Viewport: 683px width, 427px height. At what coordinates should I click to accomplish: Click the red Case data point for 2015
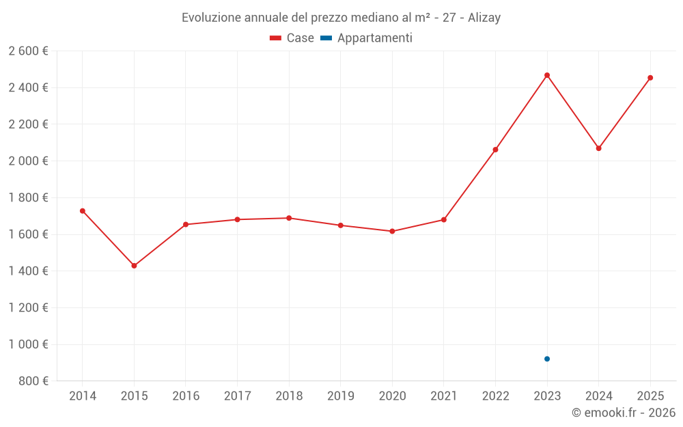pyautogui.click(x=134, y=266)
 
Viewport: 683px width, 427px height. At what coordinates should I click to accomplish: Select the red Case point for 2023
pyautogui.click(x=547, y=75)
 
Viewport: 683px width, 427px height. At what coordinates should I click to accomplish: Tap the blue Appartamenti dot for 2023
pyautogui.click(x=547, y=359)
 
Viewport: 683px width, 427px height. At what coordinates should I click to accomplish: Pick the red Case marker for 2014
pyautogui.click(x=83, y=211)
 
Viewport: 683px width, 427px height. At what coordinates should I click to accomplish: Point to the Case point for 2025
pyautogui.click(x=650, y=78)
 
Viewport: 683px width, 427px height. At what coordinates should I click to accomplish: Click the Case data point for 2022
pyautogui.click(x=495, y=150)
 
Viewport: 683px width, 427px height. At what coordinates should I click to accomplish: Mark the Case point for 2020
pyautogui.click(x=392, y=231)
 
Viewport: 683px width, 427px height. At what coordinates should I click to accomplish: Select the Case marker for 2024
pyautogui.click(x=599, y=148)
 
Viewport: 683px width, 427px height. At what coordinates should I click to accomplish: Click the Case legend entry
pyautogui.click(x=292, y=38)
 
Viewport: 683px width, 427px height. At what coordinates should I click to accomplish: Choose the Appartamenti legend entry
pyautogui.click(x=367, y=38)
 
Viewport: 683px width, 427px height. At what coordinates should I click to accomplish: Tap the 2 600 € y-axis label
pyautogui.click(x=28, y=51)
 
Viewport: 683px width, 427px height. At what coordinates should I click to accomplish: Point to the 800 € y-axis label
pyautogui.click(x=33, y=381)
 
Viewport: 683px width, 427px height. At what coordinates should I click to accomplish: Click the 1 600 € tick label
pyautogui.click(x=28, y=234)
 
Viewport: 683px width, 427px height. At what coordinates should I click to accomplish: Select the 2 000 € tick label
pyautogui.click(x=28, y=161)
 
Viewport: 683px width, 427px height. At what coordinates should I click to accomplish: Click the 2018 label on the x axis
pyautogui.click(x=289, y=396)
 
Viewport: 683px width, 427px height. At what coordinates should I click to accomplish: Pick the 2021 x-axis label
pyautogui.click(x=444, y=396)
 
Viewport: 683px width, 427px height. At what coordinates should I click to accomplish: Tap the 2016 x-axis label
pyautogui.click(x=186, y=396)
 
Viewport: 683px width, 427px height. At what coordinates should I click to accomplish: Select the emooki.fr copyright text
pyautogui.click(x=624, y=413)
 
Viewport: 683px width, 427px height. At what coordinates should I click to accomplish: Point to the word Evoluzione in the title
pyautogui.click(x=211, y=18)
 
